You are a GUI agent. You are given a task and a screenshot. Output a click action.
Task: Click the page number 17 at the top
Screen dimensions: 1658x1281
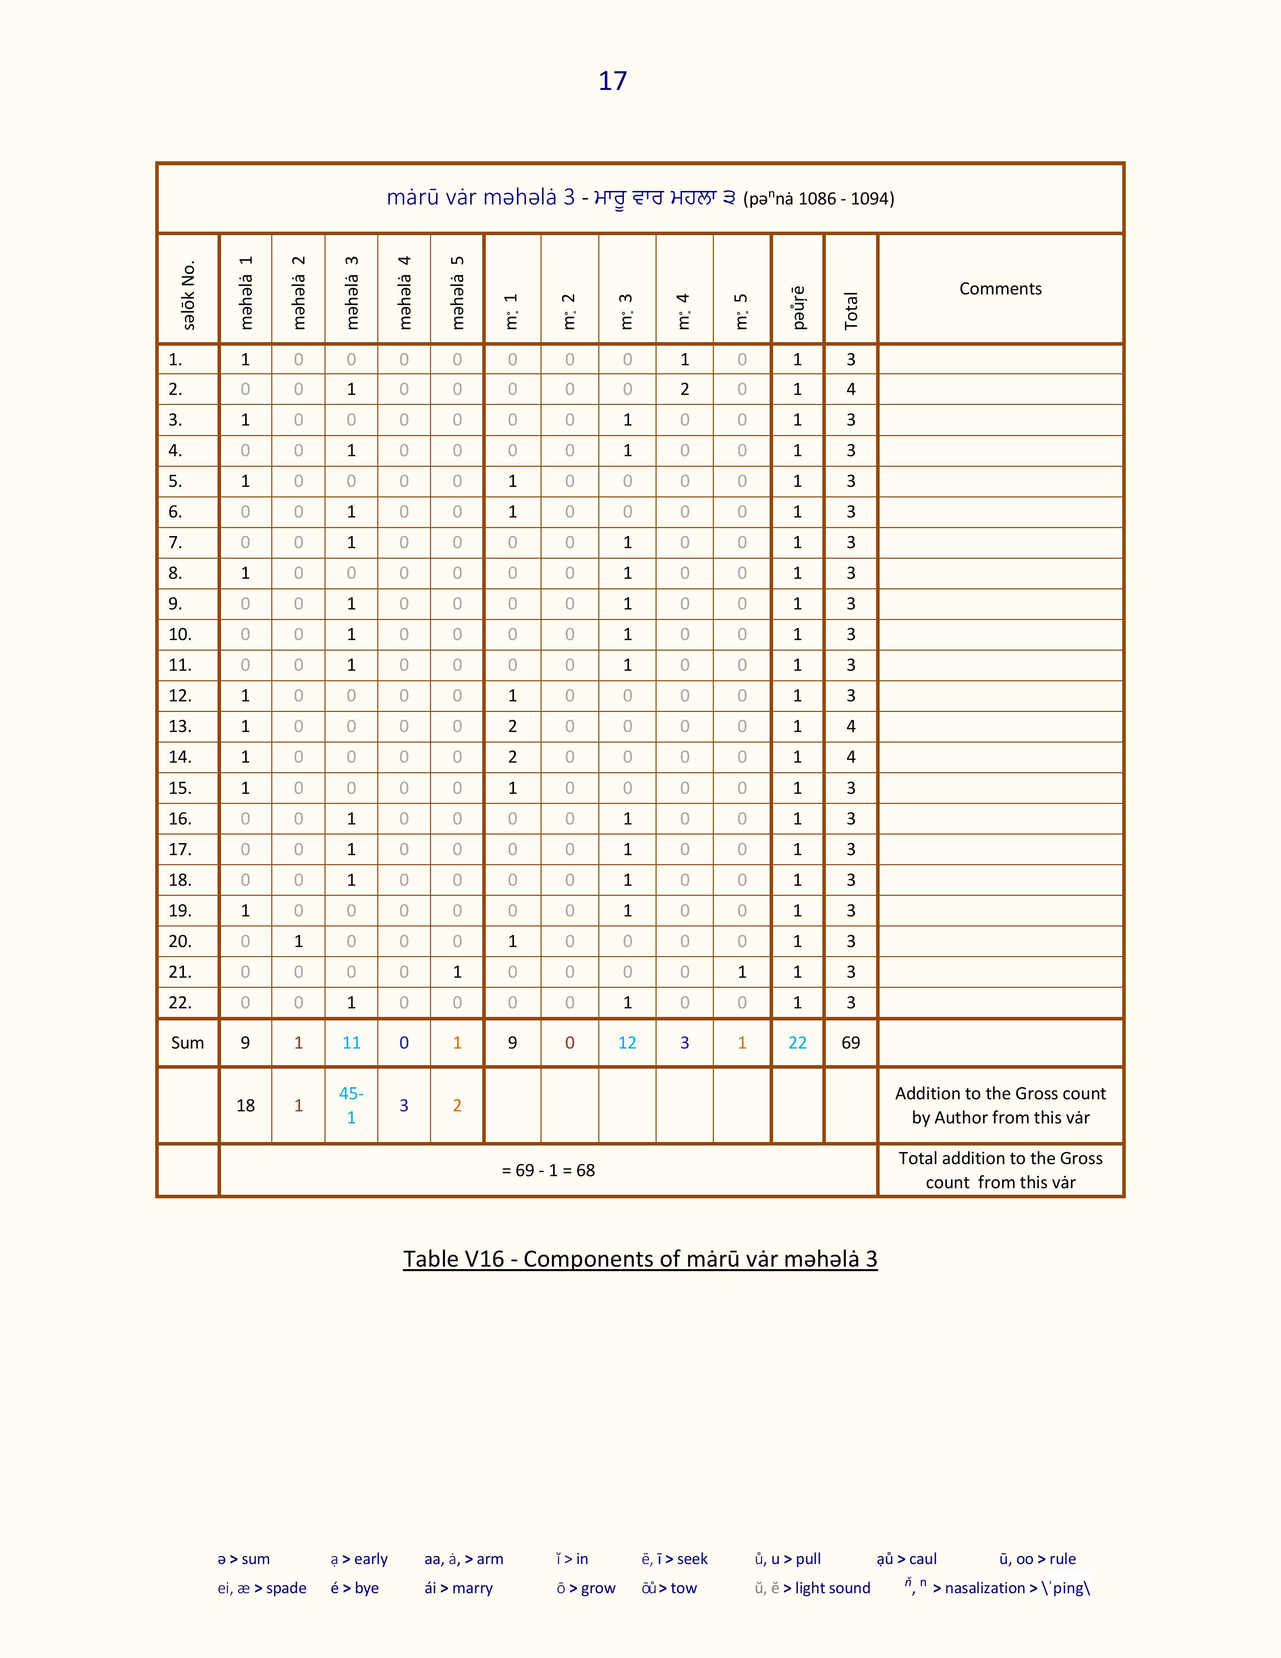pyautogui.click(x=612, y=81)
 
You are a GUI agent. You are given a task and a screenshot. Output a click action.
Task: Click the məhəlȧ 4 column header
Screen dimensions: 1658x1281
pyautogui.click(x=404, y=292)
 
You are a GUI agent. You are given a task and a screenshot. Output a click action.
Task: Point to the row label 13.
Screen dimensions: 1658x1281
pyautogui.click(x=180, y=727)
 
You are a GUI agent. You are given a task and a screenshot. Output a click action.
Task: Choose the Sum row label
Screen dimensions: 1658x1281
pyautogui.click(x=187, y=1043)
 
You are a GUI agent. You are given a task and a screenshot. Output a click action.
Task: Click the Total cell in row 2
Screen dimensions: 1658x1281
pyautogui.click(x=850, y=389)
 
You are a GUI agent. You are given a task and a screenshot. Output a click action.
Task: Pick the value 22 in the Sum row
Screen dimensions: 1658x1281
pyautogui.click(x=797, y=1043)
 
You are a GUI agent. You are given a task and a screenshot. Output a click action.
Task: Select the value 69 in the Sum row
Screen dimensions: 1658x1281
pyautogui.click(x=850, y=1043)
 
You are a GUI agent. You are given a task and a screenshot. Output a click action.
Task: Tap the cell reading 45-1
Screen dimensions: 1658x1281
pyautogui.click(x=351, y=1105)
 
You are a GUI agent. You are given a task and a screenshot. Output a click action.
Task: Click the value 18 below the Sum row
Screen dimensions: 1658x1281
pyautogui.click(x=245, y=1105)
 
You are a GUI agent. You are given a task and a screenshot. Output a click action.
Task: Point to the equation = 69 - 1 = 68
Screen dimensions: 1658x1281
pyautogui.click(x=548, y=1171)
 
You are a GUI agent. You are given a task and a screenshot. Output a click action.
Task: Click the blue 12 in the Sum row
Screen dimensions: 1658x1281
pyautogui.click(x=627, y=1043)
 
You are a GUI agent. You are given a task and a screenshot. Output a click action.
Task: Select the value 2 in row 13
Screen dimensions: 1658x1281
pyautogui.click(x=512, y=727)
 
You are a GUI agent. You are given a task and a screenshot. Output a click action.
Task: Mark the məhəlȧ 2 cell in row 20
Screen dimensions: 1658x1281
pyautogui.click(x=298, y=942)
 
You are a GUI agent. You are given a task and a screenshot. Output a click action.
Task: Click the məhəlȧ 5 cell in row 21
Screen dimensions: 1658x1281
pyautogui.click(x=457, y=972)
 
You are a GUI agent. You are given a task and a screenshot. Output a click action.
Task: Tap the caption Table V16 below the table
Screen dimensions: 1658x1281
pyautogui.click(x=639, y=1259)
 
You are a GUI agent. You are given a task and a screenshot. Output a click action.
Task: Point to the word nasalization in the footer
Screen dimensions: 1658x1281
pyautogui.click(x=984, y=1588)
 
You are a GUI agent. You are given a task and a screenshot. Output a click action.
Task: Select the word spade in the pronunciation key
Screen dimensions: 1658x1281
pyautogui.click(x=286, y=1588)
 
